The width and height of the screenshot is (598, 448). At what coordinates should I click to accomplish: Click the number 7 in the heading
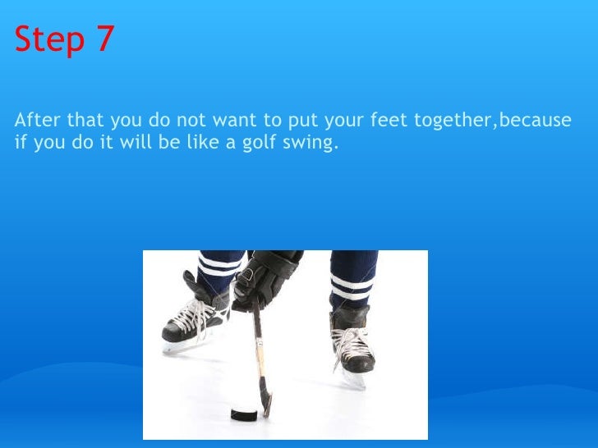(105, 39)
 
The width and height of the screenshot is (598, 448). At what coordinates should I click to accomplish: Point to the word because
(535, 121)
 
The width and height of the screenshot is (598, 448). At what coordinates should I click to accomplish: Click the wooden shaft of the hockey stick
(259, 345)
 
